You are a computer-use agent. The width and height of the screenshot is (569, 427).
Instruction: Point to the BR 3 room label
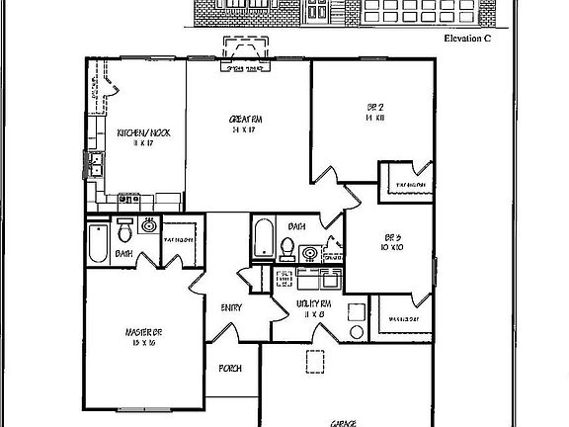tap(391, 236)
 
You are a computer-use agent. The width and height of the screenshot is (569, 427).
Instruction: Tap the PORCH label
tap(230, 369)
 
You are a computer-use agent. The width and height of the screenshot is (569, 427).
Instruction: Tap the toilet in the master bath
tap(125, 232)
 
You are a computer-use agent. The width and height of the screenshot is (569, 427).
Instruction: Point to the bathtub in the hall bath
tap(265, 239)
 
